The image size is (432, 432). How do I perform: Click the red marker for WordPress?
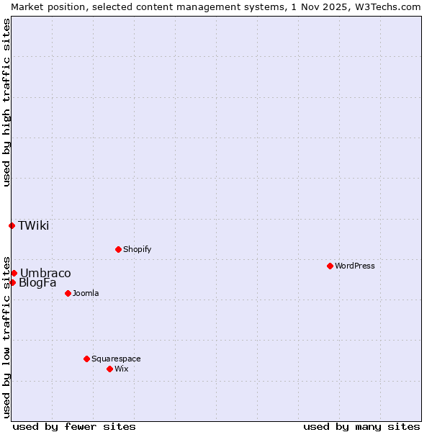tap(330, 266)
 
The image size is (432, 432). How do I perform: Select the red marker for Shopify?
tap(118, 249)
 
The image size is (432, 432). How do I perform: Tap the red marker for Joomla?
tap(68, 293)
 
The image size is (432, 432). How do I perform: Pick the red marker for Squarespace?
tap(86, 359)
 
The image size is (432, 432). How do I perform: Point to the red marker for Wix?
tap(109, 369)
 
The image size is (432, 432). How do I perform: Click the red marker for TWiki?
tap(12, 225)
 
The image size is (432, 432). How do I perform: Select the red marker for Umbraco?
tap(14, 273)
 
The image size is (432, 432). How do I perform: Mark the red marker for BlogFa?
tap(12, 282)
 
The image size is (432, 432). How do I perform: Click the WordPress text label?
tap(355, 266)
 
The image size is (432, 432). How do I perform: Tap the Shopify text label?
tap(137, 249)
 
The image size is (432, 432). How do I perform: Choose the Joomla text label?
tap(86, 293)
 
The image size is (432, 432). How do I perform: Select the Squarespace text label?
tap(116, 359)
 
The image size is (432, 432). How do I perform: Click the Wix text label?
tap(121, 369)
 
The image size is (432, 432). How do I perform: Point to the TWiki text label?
tap(34, 225)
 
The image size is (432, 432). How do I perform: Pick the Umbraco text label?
tap(45, 273)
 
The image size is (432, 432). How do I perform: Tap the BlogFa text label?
tap(37, 282)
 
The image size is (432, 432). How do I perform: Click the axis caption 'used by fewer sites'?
tap(74, 426)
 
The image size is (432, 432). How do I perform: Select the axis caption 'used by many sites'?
tap(361, 426)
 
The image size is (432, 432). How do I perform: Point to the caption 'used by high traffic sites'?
tap(6, 102)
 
